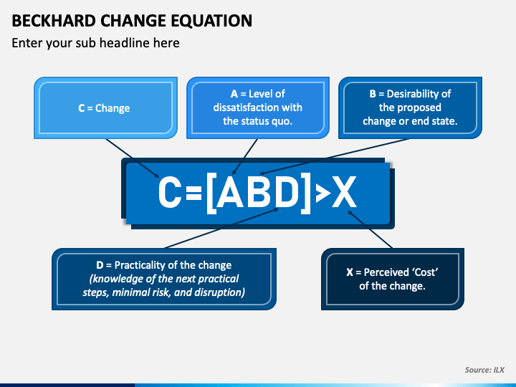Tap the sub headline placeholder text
coord(95,43)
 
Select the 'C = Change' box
coord(104,108)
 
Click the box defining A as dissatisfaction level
coord(257,107)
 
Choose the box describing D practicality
coord(163,279)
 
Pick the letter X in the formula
coord(345,192)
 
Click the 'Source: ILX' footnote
coord(484,370)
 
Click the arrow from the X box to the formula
coord(373,229)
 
